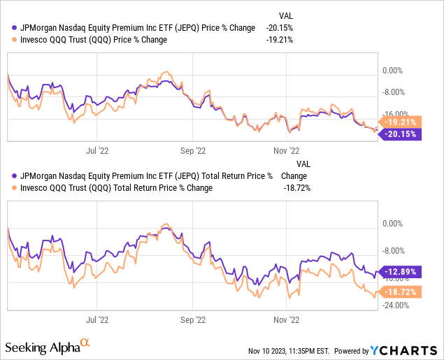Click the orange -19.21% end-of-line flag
403,121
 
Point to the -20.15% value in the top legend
280,27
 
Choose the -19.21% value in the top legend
280,39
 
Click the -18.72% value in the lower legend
296,187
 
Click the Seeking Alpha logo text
42,347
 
